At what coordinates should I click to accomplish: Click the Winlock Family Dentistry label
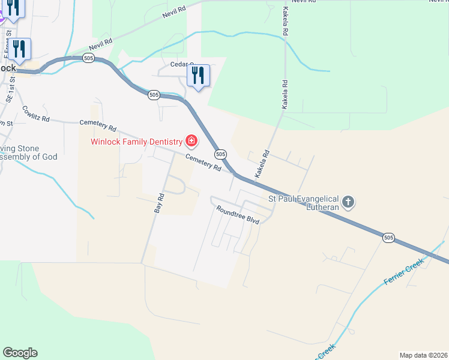[136, 142]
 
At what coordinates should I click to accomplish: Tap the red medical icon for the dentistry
[191, 142]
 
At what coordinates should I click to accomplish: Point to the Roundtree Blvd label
[238, 214]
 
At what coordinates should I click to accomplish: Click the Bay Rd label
[159, 203]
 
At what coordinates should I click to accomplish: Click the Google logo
[20, 353]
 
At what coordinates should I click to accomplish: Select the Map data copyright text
[423, 355]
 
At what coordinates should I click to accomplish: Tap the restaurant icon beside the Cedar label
[197, 76]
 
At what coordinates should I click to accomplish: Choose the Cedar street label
[181, 64]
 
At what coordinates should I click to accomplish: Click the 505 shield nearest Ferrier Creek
[388, 238]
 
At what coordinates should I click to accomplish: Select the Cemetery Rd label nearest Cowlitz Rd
[97, 125]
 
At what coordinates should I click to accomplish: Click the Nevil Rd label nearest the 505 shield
[101, 44]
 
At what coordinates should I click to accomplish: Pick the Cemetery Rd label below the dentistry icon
[203, 162]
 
